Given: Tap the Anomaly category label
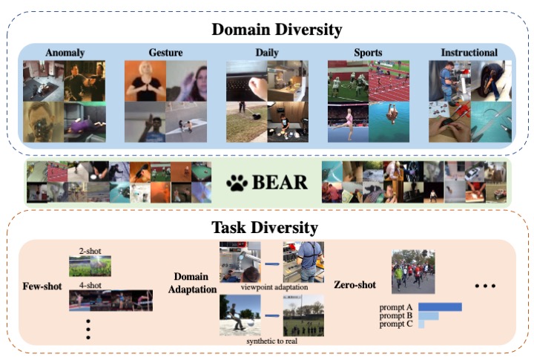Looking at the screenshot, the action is click(65, 53).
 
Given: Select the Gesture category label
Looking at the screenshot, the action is click(166, 53).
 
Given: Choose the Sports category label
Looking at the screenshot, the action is click(367, 53).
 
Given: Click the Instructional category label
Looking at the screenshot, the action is click(469, 53).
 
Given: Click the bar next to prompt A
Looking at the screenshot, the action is click(440, 307).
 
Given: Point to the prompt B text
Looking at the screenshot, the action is click(397, 315).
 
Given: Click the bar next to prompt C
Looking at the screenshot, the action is click(421, 324).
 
